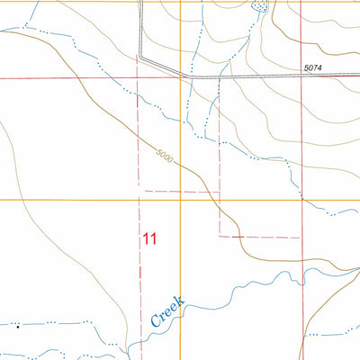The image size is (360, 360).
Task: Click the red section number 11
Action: [x=149, y=239]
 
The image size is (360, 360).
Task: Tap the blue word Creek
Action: [x=166, y=311]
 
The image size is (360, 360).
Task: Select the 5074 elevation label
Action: [x=313, y=67]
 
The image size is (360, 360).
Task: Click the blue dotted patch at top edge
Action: [x=261, y=7]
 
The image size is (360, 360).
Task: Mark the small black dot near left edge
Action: [x=17, y=327]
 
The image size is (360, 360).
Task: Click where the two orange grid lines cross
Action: [x=180, y=200]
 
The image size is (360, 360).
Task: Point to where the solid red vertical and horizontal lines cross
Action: [x=301, y=78]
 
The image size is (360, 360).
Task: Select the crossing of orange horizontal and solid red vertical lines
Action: [x=301, y=200]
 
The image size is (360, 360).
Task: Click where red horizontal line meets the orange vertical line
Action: [x=180, y=78]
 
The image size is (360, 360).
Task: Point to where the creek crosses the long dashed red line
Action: [x=140, y=340]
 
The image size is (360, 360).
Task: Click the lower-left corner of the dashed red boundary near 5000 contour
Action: [x=140, y=191]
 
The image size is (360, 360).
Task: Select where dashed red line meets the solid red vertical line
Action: [x=301, y=238]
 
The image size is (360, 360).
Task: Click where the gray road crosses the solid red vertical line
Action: [x=301, y=76]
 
